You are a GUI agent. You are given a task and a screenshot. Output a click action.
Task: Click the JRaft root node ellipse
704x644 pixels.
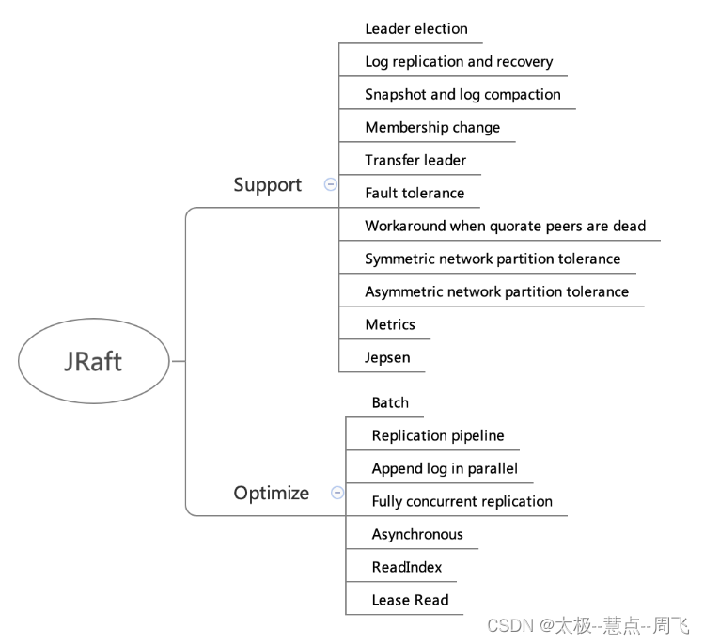(93, 361)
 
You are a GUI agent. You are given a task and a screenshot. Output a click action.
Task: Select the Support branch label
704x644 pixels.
(267, 185)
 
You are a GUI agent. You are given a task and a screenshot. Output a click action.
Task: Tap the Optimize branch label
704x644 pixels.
(271, 493)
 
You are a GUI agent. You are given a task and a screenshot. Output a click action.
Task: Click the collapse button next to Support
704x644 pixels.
(330, 185)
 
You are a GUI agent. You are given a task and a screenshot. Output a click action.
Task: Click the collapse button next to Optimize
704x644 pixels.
(337, 493)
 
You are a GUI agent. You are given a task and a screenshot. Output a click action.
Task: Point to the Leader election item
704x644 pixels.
(415, 29)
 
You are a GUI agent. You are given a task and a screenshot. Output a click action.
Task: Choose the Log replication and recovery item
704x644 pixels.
(459, 62)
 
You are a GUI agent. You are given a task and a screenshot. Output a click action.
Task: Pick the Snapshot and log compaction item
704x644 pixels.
(462, 95)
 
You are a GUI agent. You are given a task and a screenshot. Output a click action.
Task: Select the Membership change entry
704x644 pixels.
(432, 128)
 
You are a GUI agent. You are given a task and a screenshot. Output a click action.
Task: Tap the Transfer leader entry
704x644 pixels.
(415, 161)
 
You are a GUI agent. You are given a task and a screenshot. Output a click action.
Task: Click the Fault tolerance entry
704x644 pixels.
(415, 194)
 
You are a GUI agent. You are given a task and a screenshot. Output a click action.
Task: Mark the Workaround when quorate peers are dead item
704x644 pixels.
(505, 227)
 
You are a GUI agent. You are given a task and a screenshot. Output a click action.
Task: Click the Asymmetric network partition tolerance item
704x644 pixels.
(496, 292)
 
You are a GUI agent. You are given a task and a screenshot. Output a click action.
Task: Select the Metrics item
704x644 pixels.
(390, 325)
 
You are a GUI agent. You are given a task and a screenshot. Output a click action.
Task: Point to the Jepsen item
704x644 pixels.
(387, 358)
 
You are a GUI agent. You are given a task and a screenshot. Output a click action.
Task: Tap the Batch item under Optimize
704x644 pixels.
(390, 403)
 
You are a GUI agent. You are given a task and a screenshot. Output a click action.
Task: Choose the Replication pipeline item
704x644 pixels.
(438, 436)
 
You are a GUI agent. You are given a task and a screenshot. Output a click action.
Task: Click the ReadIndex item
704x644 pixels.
(407, 568)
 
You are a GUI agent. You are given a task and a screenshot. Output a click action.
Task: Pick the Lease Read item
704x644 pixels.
(410, 601)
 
